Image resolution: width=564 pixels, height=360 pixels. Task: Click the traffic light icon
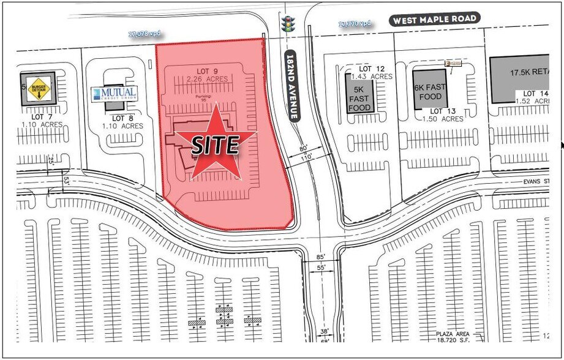[287, 24]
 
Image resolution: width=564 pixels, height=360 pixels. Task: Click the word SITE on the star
[214, 145]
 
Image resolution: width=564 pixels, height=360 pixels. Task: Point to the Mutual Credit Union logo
[115, 94]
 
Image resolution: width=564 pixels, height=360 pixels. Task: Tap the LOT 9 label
[208, 71]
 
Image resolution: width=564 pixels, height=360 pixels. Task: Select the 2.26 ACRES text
[208, 79]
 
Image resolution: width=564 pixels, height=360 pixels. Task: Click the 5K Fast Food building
[359, 93]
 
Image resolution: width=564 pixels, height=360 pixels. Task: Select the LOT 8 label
[122, 118]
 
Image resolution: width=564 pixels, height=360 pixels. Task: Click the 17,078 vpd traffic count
[145, 34]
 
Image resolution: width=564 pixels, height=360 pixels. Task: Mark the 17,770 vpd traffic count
[355, 24]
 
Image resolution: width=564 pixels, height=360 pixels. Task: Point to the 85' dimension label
[321, 257]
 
